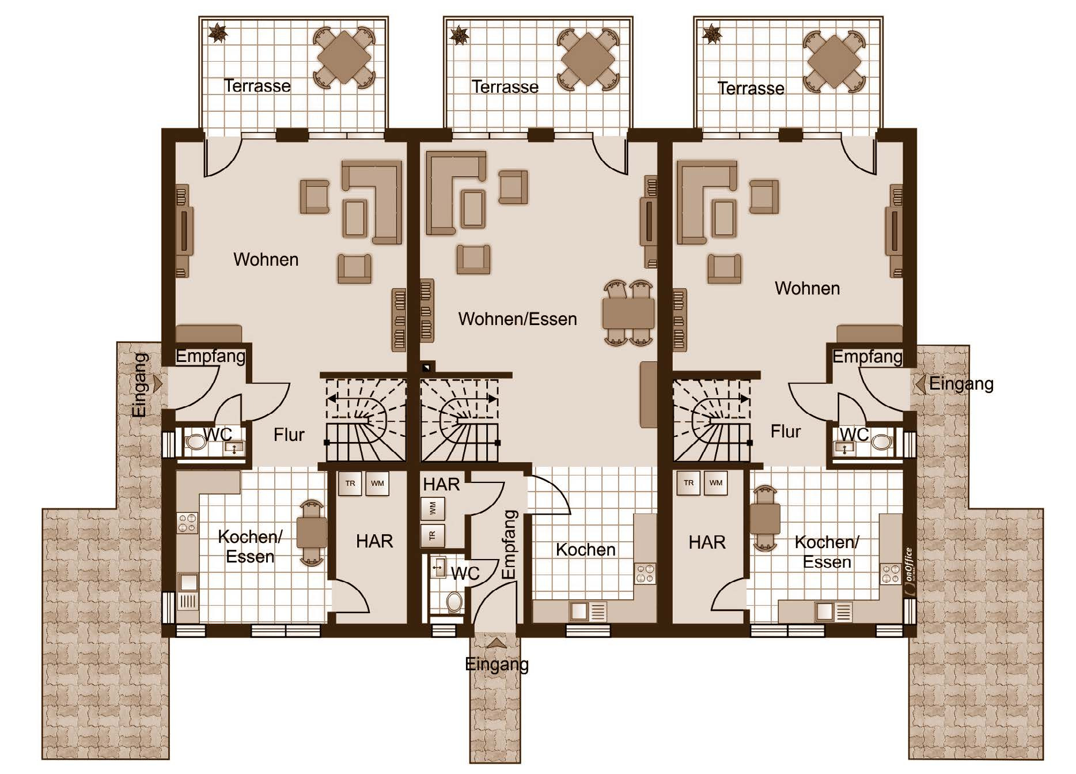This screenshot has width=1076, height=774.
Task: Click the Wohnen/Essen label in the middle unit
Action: point(517,319)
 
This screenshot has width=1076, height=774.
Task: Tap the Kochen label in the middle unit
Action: point(585,550)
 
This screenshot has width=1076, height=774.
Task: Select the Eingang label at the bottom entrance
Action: point(497,664)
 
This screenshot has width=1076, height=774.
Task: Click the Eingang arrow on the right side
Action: point(920,384)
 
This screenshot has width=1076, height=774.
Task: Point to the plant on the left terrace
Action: point(218,32)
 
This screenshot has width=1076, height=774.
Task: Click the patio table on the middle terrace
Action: point(588,58)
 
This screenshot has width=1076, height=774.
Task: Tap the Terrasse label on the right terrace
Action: point(751,88)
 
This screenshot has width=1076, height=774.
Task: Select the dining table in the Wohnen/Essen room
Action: point(628,313)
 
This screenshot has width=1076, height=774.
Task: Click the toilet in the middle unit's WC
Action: point(454,602)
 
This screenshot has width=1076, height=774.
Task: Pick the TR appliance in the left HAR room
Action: point(350,484)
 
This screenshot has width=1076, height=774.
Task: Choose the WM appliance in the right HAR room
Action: point(715,483)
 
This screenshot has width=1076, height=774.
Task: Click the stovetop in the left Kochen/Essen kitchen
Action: point(187,523)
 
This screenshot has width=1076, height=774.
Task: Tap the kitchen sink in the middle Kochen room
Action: point(588,611)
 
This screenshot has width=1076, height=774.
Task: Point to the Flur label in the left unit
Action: point(289,435)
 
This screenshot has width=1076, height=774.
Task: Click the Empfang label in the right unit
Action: point(867,357)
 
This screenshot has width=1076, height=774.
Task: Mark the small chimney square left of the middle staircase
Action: point(426,367)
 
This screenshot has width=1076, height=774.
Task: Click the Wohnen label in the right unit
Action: point(807,288)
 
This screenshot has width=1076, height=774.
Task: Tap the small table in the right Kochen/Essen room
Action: point(765,519)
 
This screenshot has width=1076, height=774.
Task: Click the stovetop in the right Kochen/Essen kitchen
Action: point(891,574)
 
